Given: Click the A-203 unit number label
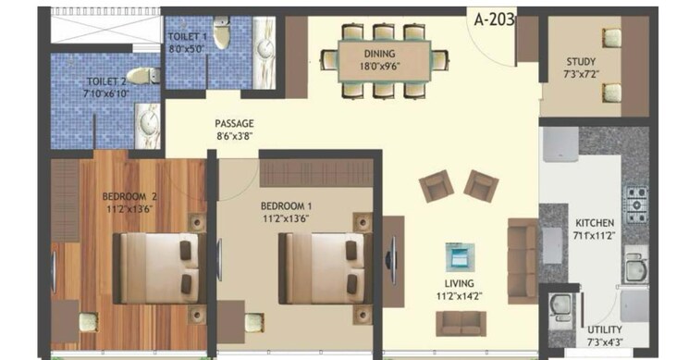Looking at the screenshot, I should coord(494,18).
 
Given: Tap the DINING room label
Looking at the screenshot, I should coord(379,55).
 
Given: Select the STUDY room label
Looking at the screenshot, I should coord(581,63).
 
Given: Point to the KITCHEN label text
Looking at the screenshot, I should coord(594,224).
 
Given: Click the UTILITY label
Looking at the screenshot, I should coord(603,329).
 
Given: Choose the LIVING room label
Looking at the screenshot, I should coord(459,283).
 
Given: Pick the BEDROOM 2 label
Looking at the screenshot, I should coord(129,196).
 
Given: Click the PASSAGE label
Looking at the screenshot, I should coord(234,124).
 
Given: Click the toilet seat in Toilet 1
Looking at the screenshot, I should coord(219,33).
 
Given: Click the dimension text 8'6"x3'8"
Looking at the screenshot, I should coord(234,136).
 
